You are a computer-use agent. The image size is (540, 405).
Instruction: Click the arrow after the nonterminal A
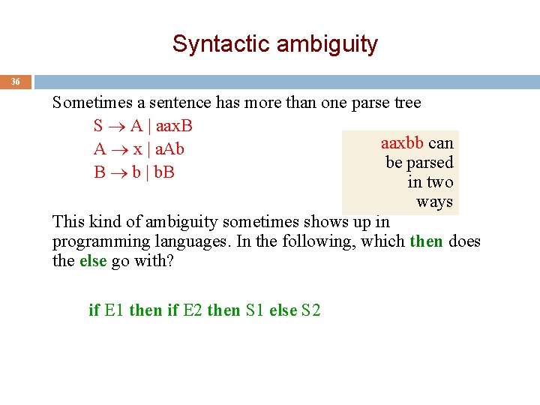[x=118, y=149]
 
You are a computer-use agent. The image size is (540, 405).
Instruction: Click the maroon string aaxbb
[x=402, y=142]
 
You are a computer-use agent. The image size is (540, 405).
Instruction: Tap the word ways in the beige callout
[x=435, y=202]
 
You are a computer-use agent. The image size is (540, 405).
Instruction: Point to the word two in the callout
[x=440, y=182]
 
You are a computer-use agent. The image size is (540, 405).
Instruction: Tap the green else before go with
[x=93, y=261]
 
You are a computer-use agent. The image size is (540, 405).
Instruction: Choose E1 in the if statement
[x=115, y=310]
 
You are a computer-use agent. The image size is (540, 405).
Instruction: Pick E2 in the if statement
[x=193, y=310]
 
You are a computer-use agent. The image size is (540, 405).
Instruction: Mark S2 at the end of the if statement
[x=310, y=310]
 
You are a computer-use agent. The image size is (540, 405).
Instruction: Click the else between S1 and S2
[x=283, y=310]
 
